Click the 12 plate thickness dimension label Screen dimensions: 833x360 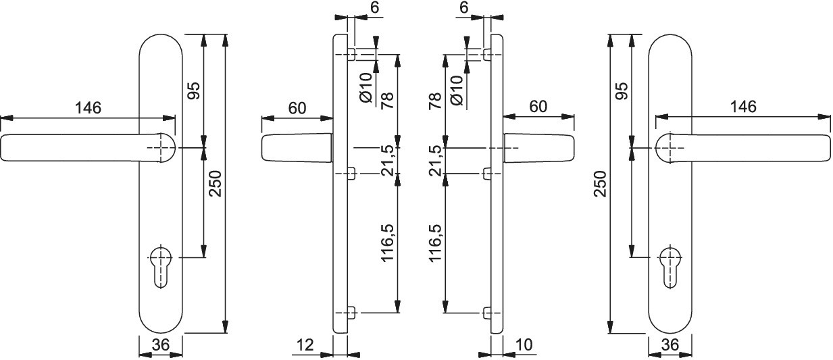coord(305,345)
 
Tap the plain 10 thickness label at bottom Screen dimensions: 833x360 coord(524,345)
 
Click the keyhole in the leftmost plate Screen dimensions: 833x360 coord(161,267)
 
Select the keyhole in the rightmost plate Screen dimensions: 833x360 coord(671,267)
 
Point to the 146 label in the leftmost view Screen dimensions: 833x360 coord(88,108)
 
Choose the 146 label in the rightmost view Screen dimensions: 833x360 coord(743,107)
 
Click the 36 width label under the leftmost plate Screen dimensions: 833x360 coord(161,344)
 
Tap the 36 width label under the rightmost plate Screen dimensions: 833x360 coord(670,344)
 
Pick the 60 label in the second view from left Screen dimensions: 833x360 coord(297,108)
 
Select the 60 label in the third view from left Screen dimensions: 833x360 coord(538,107)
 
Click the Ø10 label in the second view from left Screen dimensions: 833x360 coord(366,88)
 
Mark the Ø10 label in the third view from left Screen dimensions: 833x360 coord(457,90)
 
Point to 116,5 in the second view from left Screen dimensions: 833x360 coord(387,243)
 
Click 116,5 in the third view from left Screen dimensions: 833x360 coord(436,243)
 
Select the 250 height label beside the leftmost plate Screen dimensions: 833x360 coord(216,184)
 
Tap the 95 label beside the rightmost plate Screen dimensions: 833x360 coord(622,91)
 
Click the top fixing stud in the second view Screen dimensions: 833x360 coord(351,55)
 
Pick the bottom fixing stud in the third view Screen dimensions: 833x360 coord(487,313)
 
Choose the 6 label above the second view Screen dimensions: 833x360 coord(374,8)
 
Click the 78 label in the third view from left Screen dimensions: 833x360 coord(436,101)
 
